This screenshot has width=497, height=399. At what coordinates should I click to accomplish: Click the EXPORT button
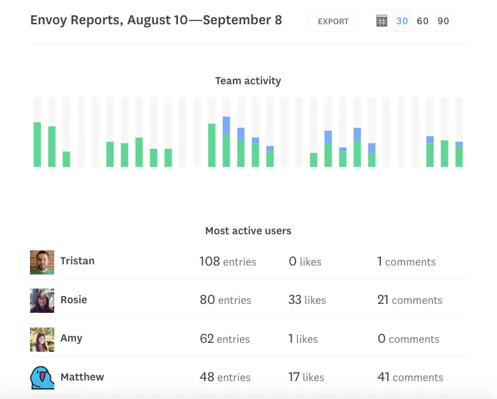click(x=333, y=21)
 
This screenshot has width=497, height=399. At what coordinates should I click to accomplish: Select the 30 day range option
click(x=402, y=21)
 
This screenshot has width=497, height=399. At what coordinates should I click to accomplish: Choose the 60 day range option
click(x=422, y=21)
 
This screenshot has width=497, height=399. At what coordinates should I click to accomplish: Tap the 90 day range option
click(x=443, y=21)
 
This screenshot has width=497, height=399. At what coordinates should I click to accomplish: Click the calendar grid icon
click(x=382, y=21)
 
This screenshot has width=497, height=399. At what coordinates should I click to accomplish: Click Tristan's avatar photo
click(x=42, y=262)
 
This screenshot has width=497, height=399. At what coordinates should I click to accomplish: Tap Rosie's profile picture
click(x=42, y=301)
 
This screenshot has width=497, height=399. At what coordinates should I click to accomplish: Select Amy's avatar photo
click(x=42, y=340)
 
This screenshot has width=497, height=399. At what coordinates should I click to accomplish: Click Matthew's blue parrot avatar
click(x=42, y=378)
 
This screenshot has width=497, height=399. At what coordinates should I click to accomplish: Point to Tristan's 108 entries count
click(x=228, y=262)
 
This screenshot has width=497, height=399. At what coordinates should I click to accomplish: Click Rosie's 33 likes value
click(x=307, y=299)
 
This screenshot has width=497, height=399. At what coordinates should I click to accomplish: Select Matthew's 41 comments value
click(x=410, y=377)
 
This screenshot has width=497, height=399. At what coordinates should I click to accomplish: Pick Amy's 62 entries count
click(x=225, y=339)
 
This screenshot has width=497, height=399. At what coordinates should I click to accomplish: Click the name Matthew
click(x=82, y=377)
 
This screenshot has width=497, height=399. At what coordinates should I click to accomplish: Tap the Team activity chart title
click(x=248, y=81)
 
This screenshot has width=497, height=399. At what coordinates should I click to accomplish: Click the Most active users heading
click(x=248, y=230)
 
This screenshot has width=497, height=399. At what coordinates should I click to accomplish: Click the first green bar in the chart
click(x=38, y=144)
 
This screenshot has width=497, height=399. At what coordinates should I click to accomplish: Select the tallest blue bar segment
click(x=226, y=126)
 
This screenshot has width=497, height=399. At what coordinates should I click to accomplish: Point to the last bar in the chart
click(x=459, y=154)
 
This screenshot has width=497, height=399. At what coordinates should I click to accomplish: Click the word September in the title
click(x=237, y=20)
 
